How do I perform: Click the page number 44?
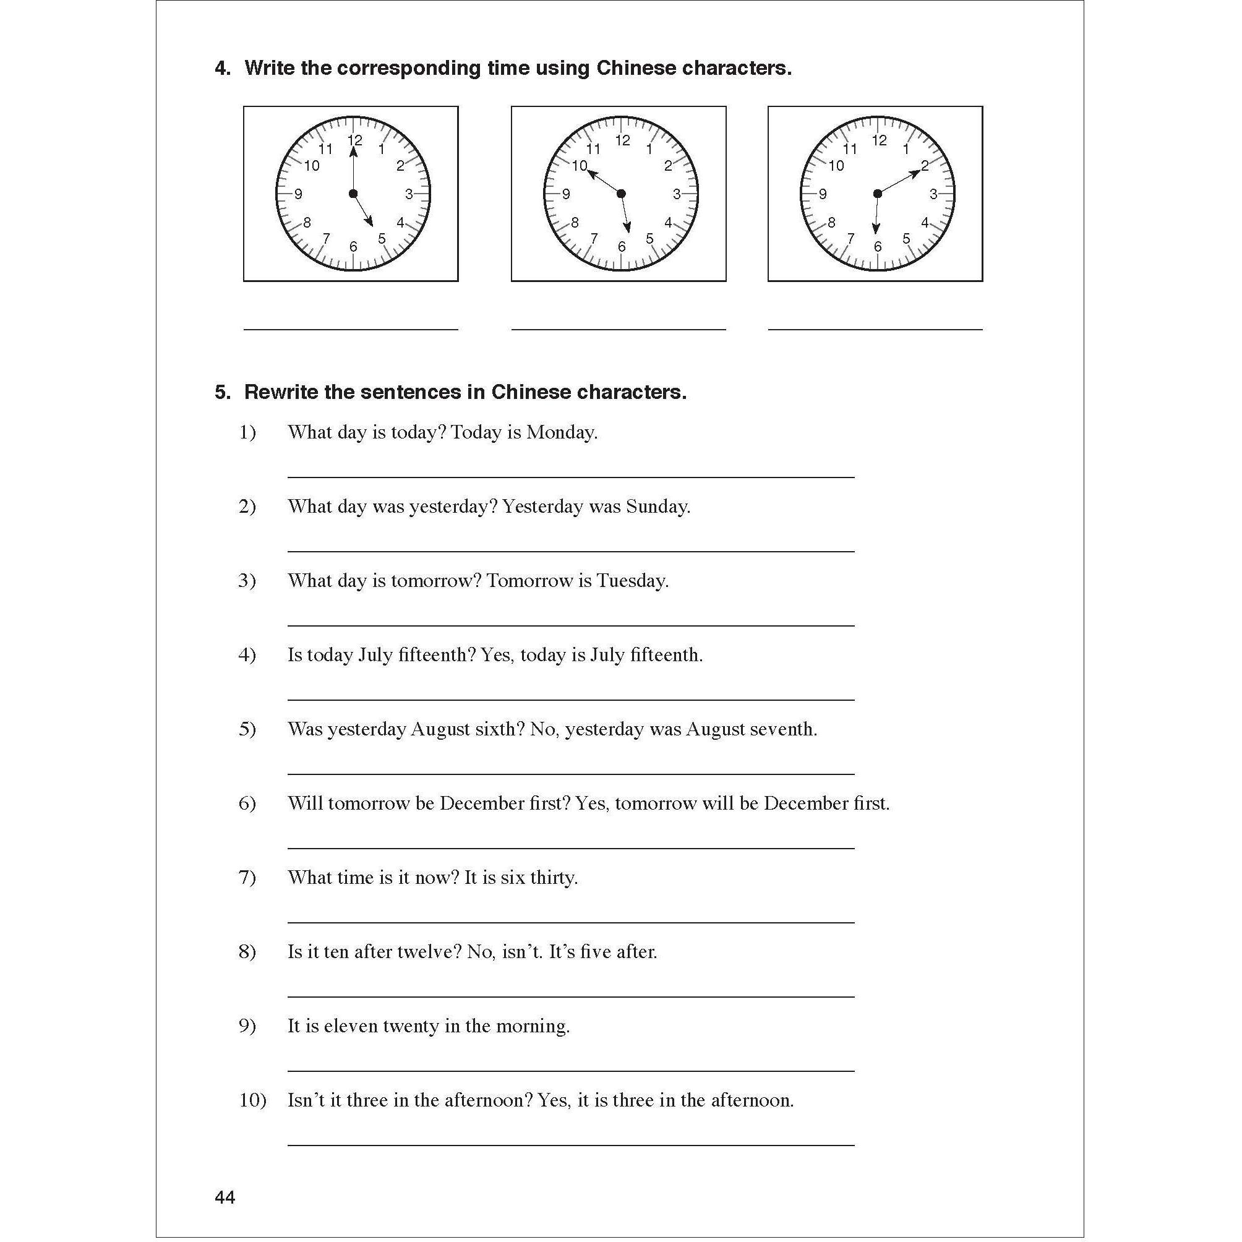(x=225, y=1197)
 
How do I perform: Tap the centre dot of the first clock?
(x=353, y=194)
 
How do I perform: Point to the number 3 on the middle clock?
(x=676, y=194)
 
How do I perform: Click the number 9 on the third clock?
(x=823, y=194)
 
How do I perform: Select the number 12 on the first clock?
(x=355, y=140)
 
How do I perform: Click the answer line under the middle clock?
(x=619, y=328)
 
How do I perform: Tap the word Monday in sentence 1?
(x=561, y=432)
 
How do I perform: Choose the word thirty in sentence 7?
(x=553, y=878)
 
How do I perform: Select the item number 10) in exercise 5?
(x=252, y=1100)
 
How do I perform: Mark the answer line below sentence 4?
(x=570, y=700)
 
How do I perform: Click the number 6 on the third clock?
(x=878, y=247)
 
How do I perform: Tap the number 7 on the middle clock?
(x=594, y=239)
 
